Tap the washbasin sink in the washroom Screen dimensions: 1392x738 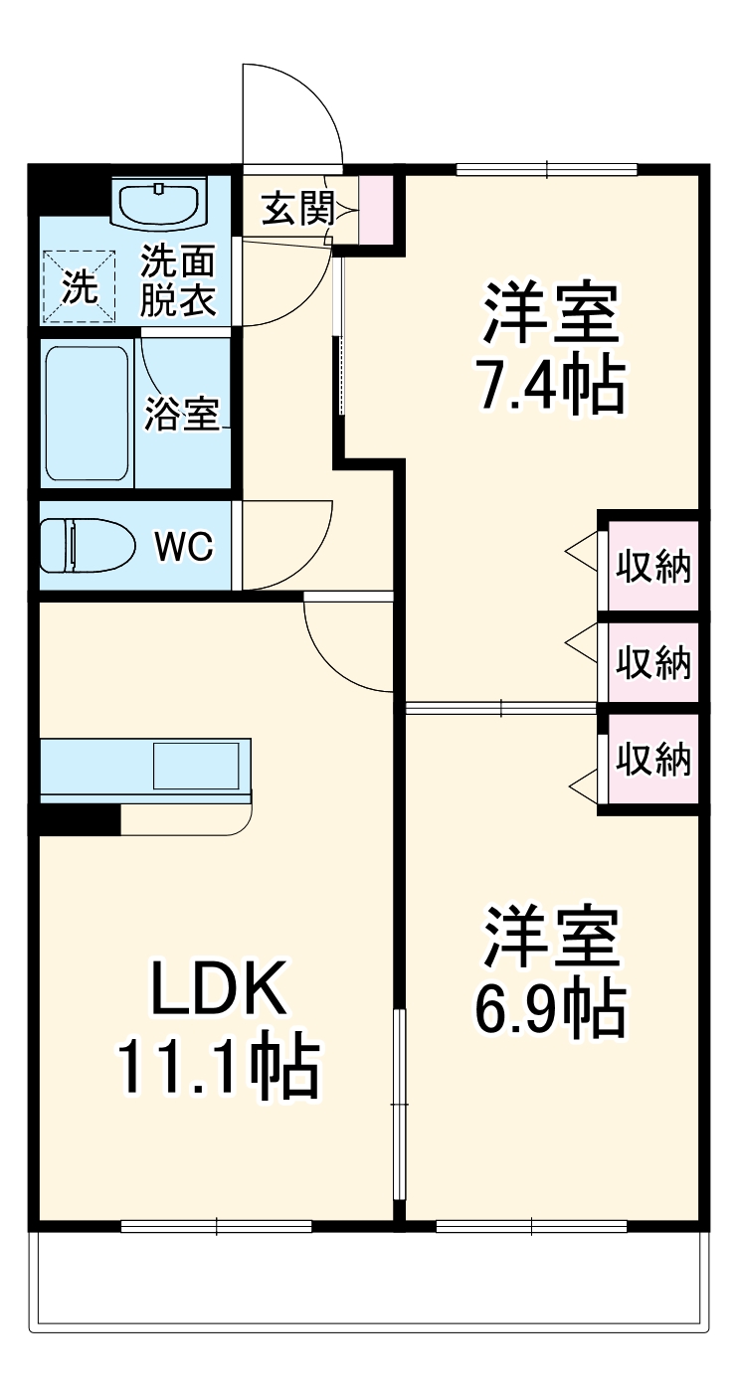162,204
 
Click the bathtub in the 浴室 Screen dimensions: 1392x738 88,414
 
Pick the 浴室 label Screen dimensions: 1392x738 181,414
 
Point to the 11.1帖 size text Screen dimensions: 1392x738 218,1068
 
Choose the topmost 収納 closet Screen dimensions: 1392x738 652,567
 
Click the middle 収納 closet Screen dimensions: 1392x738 652,662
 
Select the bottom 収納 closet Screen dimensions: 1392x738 652,760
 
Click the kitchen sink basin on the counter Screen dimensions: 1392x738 195,766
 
